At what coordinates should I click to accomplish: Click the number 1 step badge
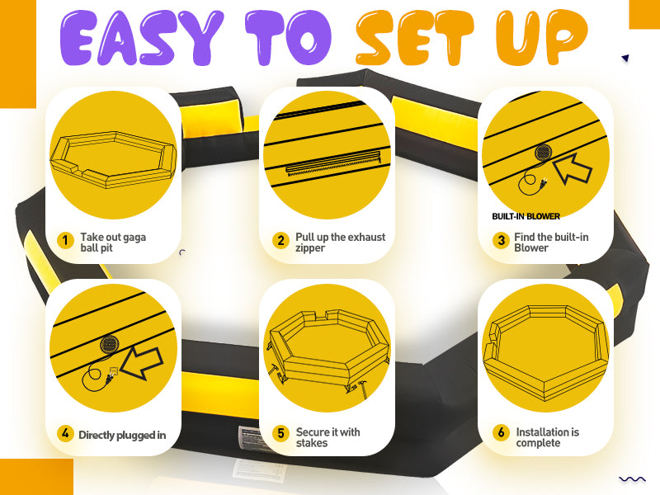click(x=65, y=241)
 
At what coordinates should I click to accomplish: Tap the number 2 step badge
click(x=280, y=241)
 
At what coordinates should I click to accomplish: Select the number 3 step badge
click(x=501, y=241)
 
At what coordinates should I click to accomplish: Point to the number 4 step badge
click(x=65, y=433)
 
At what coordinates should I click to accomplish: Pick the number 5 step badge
click(x=280, y=433)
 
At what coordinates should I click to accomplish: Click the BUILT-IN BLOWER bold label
click(x=526, y=216)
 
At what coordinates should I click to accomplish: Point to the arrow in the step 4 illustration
click(x=142, y=363)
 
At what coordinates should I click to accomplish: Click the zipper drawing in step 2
click(x=333, y=163)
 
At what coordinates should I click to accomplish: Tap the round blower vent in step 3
click(x=543, y=153)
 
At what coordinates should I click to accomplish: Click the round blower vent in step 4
click(x=110, y=345)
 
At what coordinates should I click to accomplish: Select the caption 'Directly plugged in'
click(x=122, y=435)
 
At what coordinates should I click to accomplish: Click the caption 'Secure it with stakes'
click(x=328, y=437)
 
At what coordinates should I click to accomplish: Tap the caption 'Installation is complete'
click(x=548, y=437)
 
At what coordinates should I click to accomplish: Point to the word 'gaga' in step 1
click(x=134, y=238)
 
